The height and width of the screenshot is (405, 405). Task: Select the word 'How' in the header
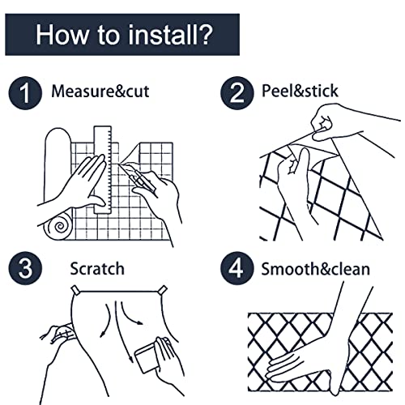[62, 35]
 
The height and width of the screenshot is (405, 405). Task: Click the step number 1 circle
[25, 93]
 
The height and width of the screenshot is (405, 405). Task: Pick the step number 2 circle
[237, 93]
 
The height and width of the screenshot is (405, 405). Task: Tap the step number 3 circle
[25, 268]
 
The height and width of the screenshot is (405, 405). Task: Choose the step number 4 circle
[237, 268]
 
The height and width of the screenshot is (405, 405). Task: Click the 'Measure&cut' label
[100, 92]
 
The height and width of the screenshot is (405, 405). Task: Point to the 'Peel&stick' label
[300, 91]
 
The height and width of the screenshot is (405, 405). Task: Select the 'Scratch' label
[97, 269]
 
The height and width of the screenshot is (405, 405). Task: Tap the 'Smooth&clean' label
[315, 269]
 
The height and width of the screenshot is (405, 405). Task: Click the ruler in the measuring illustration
[103, 169]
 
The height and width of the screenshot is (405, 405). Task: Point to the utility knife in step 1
[138, 176]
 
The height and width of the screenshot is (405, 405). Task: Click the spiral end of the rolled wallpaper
[58, 226]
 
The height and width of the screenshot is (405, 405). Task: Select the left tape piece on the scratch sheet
[75, 290]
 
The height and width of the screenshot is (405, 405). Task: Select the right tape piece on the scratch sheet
[163, 290]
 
